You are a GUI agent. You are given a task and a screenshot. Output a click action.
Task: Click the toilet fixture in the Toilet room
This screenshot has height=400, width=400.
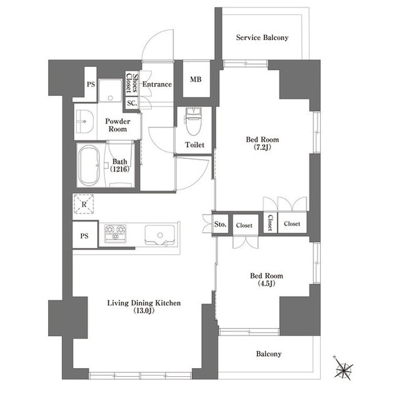[193, 121]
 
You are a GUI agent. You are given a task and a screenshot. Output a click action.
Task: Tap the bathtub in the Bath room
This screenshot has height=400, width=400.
[89, 165]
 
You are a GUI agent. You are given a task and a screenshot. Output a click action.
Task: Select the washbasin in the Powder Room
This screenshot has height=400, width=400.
[84, 121]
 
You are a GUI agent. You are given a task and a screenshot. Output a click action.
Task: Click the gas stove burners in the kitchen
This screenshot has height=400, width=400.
[116, 232]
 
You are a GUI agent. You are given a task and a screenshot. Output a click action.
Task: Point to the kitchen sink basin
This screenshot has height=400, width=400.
[160, 235]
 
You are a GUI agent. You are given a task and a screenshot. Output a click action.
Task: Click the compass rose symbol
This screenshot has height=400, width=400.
[343, 367]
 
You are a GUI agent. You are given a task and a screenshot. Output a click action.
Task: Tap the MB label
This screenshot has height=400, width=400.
[196, 79]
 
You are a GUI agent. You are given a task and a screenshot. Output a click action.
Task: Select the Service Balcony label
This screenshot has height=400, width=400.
[262, 38]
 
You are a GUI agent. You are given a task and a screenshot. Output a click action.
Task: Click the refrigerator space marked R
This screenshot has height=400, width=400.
[84, 204]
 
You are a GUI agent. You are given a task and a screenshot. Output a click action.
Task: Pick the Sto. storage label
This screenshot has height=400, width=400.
[220, 224]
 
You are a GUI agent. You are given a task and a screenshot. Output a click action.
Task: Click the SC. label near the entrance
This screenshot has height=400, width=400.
[132, 103]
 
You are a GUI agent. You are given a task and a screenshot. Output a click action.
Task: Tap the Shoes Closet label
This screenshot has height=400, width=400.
[132, 83]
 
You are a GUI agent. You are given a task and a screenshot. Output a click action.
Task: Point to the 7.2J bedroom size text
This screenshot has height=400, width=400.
[262, 147]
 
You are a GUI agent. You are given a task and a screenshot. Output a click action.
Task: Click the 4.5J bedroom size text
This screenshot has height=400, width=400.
[266, 284]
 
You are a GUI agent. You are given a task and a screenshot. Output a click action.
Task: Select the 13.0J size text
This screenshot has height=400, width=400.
[144, 310]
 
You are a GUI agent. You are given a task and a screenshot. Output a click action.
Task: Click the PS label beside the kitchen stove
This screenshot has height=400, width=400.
[84, 236]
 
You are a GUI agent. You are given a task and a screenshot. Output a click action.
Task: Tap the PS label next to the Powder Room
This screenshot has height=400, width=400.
[91, 84]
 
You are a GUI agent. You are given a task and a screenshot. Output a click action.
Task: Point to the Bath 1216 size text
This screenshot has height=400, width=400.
[119, 169]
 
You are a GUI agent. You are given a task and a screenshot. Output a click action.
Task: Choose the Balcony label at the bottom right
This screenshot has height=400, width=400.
[269, 354]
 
